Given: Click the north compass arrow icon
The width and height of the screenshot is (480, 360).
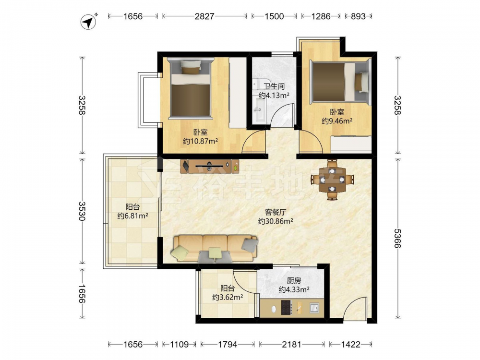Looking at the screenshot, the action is (88, 22).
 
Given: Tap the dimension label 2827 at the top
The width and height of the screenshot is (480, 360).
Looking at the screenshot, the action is (204, 16).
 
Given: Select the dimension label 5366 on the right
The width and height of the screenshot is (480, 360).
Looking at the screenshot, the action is (397, 238).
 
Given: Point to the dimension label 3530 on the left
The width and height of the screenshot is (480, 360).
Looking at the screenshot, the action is (82, 211).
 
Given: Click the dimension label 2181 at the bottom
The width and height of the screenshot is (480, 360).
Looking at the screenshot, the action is (291, 344).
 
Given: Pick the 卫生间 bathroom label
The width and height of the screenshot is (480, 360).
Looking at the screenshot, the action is (274, 86).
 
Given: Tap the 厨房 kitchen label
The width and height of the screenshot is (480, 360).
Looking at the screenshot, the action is (294, 280).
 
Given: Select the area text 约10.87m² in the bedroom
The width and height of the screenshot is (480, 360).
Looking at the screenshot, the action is (201, 141).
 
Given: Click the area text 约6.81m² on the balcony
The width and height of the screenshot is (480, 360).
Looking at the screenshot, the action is (133, 216).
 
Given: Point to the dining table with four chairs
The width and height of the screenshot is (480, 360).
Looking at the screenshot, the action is (333, 180).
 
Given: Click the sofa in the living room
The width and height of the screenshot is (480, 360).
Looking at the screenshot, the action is (215, 248).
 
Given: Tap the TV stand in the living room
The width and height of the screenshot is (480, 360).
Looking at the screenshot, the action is (210, 166).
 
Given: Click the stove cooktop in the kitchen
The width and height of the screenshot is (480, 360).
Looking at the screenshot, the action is (286, 307).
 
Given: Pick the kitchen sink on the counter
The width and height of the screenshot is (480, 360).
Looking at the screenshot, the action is (314, 307).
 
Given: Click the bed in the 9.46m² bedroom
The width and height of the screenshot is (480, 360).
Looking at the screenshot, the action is (340, 82).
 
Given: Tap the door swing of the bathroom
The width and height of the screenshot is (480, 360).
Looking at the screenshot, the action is (283, 114).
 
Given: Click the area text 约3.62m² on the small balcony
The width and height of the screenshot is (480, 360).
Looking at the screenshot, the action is (228, 297).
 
